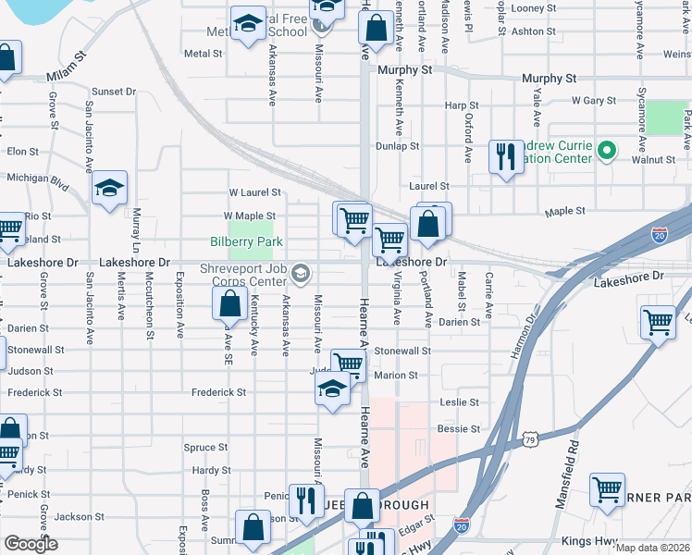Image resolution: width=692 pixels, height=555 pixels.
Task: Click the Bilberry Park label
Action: [245, 242]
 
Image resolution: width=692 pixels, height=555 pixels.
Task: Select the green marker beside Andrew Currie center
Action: [607, 150]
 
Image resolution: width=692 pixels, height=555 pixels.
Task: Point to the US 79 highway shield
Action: [530, 438]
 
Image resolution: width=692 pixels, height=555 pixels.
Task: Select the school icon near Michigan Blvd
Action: [109, 190]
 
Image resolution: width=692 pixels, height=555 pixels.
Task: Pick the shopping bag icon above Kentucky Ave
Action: [229, 302]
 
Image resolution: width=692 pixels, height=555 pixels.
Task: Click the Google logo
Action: [31, 544]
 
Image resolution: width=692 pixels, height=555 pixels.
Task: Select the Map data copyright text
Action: [653, 548]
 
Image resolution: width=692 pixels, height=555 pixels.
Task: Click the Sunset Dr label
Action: [113, 92]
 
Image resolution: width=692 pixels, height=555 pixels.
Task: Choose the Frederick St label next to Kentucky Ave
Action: [218, 392]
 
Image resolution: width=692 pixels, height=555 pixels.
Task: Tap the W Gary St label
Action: [594, 100]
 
